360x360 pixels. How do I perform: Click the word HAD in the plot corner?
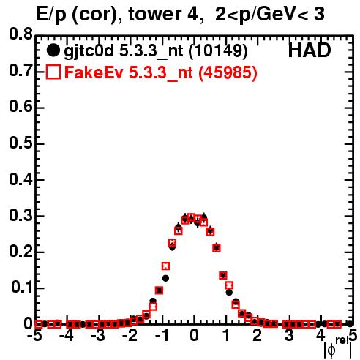point(310,50)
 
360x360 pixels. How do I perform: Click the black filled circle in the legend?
point(53,50)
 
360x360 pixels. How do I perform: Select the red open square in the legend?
point(53,72)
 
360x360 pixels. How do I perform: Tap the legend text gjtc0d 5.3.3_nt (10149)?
point(156,51)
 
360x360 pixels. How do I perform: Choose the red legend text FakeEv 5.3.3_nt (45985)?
point(161,72)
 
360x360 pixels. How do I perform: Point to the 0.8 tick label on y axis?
point(20,34)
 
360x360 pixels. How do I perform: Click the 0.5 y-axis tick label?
point(20,143)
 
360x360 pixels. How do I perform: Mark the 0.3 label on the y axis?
point(20,215)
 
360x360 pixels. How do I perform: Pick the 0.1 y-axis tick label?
point(22,288)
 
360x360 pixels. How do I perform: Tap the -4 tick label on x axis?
point(67,335)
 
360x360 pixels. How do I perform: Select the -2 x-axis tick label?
point(130,335)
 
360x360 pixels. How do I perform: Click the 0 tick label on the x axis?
point(194,335)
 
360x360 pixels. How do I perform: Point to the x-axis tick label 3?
point(289,335)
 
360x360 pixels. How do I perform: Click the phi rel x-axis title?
point(337,348)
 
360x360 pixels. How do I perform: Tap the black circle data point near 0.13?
point(165,278)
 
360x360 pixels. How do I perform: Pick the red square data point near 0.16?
point(165,266)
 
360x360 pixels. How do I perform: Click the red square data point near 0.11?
point(229,285)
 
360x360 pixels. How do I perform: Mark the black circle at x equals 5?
point(350,324)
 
